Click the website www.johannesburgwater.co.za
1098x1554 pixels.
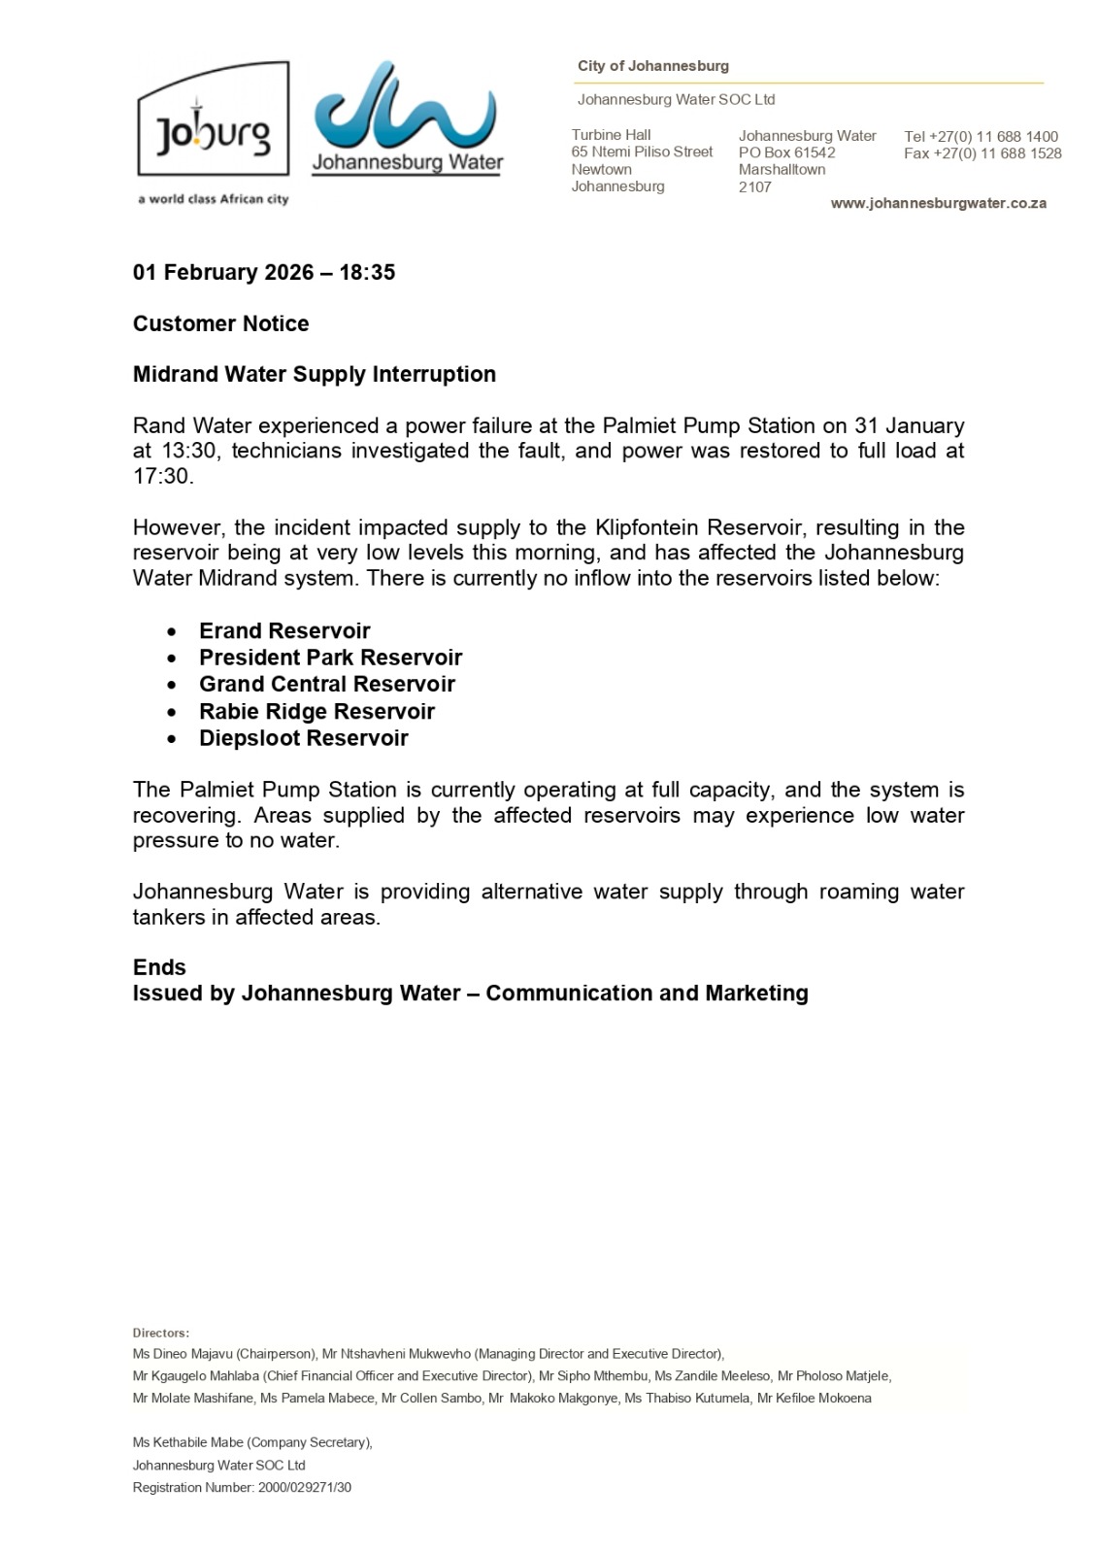pyautogui.click(x=938, y=203)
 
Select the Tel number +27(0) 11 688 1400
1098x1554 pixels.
pyautogui.click(x=981, y=136)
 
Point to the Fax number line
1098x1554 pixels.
pyautogui.click(x=982, y=153)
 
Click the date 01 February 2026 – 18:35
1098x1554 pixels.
pyautogui.click(x=264, y=272)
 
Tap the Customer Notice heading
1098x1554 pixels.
pyautogui.click(x=220, y=323)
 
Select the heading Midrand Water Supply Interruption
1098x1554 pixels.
pyautogui.click(x=314, y=374)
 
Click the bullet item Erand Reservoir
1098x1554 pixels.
pyautogui.click(x=284, y=630)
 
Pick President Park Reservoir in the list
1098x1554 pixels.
pyautogui.click(x=330, y=658)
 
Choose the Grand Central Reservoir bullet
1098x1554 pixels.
pyautogui.click(x=326, y=684)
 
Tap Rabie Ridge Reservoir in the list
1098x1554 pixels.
pyautogui.click(x=316, y=711)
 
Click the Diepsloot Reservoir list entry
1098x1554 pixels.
pyautogui.click(x=303, y=738)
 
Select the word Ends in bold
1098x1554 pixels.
pyautogui.click(x=159, y=967)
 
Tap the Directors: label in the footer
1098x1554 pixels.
pyautogui.click(x=161, y=1333)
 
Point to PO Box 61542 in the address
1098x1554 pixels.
pyautogui.click(x=786, y=152)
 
